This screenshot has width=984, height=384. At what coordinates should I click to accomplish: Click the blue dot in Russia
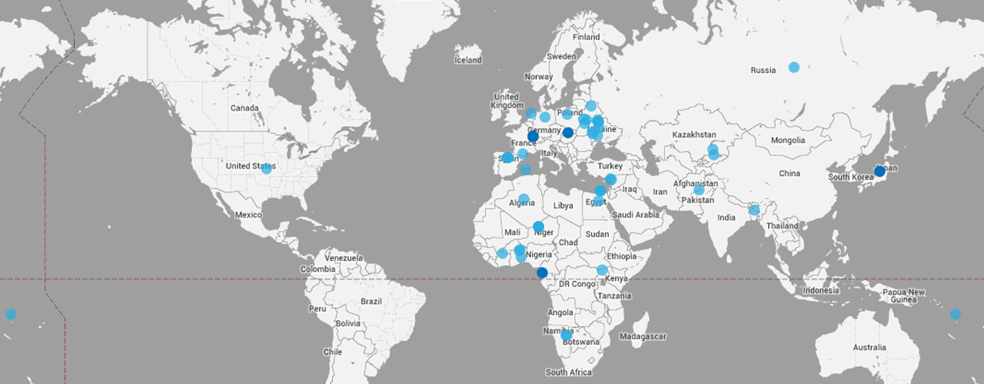(x=793, y=68)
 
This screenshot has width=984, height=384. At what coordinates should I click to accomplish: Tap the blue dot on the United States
(x=266, y=168)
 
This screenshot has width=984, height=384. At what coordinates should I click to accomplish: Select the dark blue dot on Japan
(x=879, y=171)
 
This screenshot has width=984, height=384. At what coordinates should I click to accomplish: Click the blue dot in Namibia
(x=566, y=335)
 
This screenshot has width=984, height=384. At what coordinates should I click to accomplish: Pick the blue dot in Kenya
(x=602, y=270)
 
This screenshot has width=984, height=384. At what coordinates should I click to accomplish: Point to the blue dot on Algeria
(x=524, y=199)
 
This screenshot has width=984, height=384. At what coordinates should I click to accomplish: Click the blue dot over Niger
(x=538, y=227)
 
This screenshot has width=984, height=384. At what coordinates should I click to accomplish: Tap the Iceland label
(x=468, y=60)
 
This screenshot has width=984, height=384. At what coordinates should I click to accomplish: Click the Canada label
(x=244, y=108)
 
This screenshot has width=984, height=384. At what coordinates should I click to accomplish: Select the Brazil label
(x=371, y=301)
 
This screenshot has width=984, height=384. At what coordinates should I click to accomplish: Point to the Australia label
(x=869, y=348)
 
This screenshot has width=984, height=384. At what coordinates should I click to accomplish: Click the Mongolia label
(x=788, y=141)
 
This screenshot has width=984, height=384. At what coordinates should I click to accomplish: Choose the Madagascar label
(x=644, y=336)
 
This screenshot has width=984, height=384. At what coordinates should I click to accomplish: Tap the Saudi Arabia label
(x=637, y=215)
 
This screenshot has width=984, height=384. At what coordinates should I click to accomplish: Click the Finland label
(x=586, y=37)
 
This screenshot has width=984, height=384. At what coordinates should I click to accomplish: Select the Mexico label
(x=249, y=215)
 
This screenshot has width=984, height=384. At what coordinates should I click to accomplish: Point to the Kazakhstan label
(x=693, y=135)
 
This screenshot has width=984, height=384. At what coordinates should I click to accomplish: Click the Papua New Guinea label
(x=904, y=296)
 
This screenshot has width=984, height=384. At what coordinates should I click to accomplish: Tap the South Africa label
(x=569, y=372)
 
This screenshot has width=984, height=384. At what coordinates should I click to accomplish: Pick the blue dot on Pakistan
(x=699, y=190)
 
